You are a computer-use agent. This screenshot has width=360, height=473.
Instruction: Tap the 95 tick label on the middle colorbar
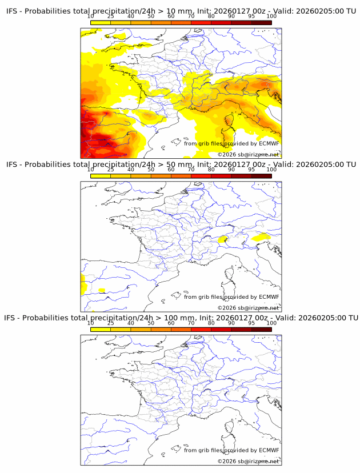click(x=251, y=170)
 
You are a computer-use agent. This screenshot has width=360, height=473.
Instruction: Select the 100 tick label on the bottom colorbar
click(x=271, y=323)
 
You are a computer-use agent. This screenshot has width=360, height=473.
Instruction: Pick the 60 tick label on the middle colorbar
click(x=171, y=170)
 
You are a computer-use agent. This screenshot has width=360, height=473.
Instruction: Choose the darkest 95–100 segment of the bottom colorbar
click(x=261, y=329)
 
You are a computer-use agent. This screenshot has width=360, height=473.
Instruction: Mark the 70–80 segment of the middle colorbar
click(x=201, y=176)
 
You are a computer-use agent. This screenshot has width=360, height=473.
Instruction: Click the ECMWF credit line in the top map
click(x=231, y=143)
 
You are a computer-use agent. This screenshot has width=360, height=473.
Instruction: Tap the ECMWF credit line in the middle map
click(x=231, y=296)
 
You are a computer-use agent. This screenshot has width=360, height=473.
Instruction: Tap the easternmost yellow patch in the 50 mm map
click(x=262, y=237)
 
